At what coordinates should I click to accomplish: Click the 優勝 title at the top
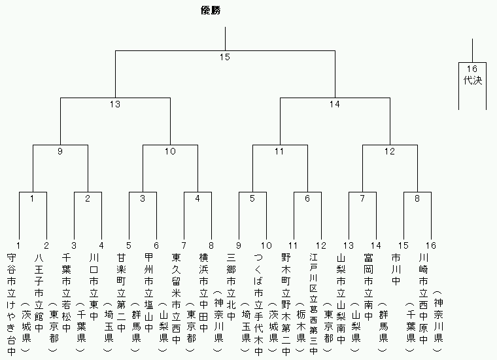click(211, 10)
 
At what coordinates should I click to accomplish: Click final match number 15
click(225, 57)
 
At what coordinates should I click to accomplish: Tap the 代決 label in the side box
click(473, 80)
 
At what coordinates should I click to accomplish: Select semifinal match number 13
click(115, 104)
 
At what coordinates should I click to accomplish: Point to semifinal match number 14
click(335, 104)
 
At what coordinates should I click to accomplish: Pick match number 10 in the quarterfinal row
click(170, 151)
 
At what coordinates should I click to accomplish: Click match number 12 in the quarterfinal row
click(390, 151)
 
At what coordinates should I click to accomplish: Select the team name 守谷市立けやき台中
click(11, 304)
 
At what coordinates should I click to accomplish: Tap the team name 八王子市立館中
click(39, 293)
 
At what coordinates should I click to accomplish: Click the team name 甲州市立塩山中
click(148, 293)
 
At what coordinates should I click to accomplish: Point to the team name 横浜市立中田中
click(203, 293)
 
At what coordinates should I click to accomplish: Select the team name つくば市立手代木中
click(259, 304)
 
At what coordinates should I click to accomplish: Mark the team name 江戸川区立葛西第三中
click(313, 304)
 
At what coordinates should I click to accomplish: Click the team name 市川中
click(396, 269)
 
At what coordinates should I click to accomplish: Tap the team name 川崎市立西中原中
click(424, 298)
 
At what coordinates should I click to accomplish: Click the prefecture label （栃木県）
click(301, 327)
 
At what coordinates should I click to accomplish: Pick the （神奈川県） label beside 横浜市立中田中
click(218, 321)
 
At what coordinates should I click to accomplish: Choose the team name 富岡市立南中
click(368, 287)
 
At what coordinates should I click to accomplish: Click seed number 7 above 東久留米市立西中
click(184, 245)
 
